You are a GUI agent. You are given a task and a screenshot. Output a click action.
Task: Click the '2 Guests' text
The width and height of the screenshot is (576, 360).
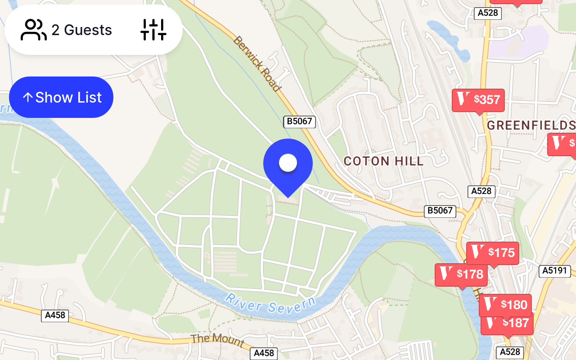(81, 30)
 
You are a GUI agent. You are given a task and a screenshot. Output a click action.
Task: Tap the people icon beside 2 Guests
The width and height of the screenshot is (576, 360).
(34, 30)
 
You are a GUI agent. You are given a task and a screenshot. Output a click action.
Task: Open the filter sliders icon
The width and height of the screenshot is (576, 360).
(153, 30)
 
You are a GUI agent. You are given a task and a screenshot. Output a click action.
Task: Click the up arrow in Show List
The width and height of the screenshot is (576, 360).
(28, 97)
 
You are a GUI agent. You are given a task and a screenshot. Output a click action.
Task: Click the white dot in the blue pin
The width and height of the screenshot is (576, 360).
(288, 163)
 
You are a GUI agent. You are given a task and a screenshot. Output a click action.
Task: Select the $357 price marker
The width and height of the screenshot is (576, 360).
(478, 100)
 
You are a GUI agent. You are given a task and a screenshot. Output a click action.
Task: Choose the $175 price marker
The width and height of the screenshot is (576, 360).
(493, 253)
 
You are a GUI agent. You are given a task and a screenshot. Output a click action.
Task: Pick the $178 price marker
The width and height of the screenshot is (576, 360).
(461, 274)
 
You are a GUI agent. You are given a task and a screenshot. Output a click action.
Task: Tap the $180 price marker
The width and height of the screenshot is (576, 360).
(505, 305)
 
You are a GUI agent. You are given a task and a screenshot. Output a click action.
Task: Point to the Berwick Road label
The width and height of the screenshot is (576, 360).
(257, 63)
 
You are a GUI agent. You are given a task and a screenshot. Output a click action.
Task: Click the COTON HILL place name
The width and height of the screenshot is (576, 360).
(383, 161)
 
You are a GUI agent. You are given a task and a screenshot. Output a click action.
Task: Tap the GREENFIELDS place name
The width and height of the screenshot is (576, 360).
(531, 125)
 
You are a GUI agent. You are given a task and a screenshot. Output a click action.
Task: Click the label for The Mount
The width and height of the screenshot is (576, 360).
(217, 340)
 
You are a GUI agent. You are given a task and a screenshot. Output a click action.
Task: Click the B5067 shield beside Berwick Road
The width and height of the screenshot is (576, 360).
(300, 121)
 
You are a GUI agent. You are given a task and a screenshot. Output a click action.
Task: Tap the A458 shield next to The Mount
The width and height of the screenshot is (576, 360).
(264, 353)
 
